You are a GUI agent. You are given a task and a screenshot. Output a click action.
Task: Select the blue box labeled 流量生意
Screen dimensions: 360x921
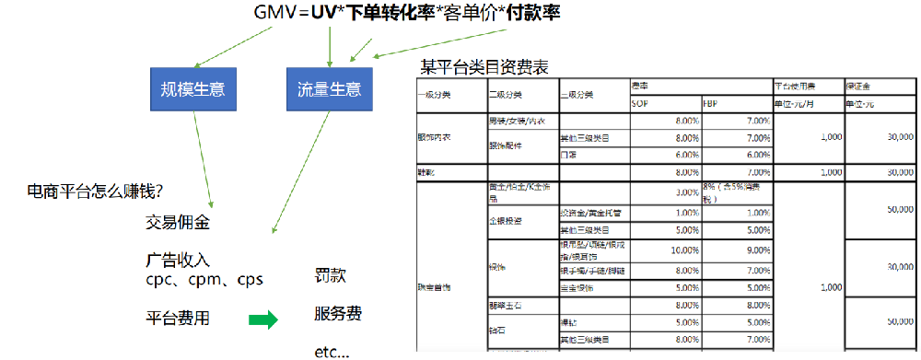point(329,90)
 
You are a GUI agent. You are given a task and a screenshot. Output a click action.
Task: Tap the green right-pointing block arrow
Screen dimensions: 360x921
point(263,319)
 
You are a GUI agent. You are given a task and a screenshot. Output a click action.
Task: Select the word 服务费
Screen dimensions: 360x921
point(337,314)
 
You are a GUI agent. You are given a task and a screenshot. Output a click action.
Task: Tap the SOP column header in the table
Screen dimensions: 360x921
point(639,103)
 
